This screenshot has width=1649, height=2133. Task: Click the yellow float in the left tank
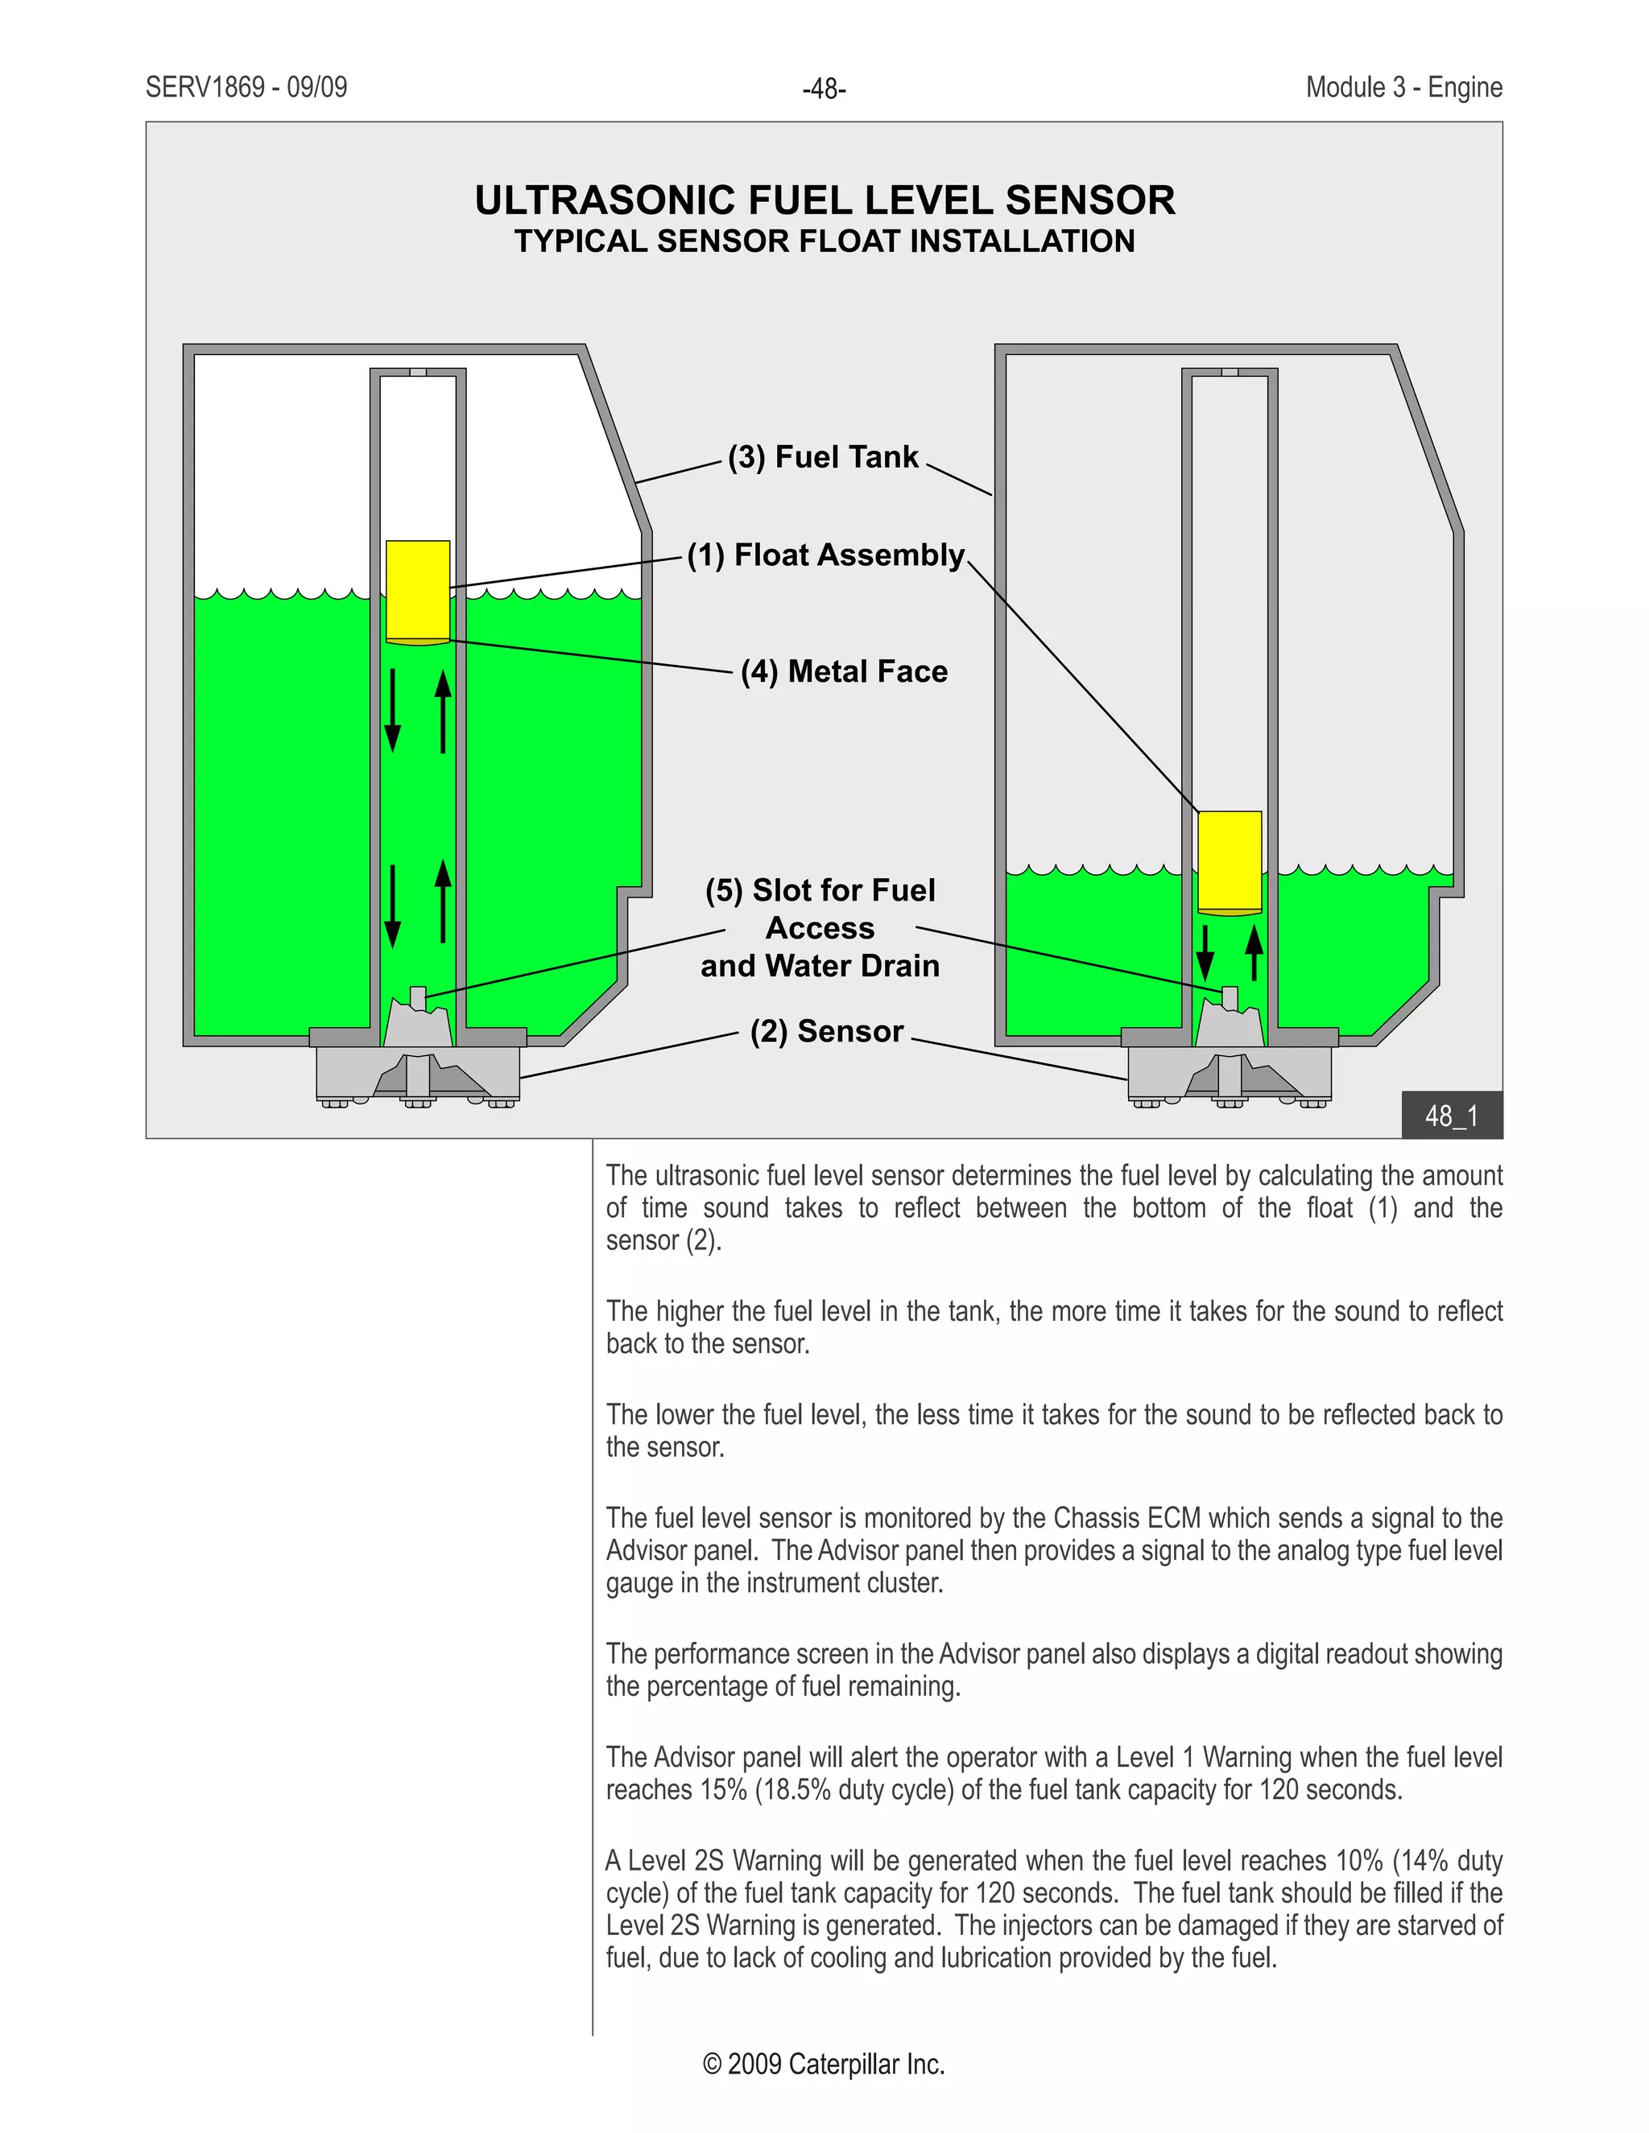pyautogui.click(x=417, y=590)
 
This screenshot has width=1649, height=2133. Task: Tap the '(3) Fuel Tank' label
pyautogui.click(x=823, y=457)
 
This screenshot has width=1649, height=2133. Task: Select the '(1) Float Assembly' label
pyautogui.click(x=825, y=555)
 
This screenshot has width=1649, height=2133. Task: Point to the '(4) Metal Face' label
pyautogui.click(x=843, y=672)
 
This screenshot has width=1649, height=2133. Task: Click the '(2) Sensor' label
pyautogui.click(x=826, y=1031)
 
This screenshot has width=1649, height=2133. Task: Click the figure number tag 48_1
pyautogui.click(x=1451, y=1116)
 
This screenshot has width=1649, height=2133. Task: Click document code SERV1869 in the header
pyautogui.click(x=205, y=88)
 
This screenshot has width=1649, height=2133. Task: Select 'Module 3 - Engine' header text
pyautogui.click(x=1403, y=88)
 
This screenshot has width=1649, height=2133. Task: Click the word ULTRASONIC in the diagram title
pyautogui.click(x=605, y=201)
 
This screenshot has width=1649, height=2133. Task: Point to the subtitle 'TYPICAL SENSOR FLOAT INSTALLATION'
pyautogui.click(x=824, y=241)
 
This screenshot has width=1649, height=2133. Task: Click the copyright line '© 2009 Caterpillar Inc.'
pyautogui.click(x=824, y=2064)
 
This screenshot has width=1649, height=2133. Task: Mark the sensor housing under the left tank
pyautogui.click(x=417, y=1075)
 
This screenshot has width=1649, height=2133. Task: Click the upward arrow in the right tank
pyautogui.click(x=1254, y=952)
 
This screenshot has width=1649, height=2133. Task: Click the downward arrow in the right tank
pyautogui.click(x=1205, y=952)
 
